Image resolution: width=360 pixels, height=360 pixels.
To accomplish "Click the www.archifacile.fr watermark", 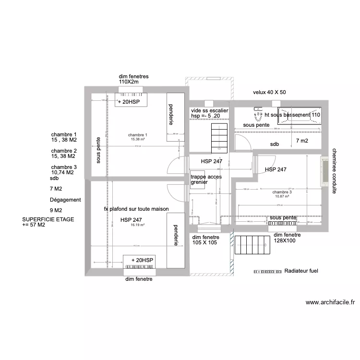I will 330,302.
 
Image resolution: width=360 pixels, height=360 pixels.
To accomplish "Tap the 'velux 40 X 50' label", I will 269,92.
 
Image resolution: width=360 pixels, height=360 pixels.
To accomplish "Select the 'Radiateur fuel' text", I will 301,271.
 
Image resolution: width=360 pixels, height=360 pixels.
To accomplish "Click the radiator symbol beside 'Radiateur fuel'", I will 266,271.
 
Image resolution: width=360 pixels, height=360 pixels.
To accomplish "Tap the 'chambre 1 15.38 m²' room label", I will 138,137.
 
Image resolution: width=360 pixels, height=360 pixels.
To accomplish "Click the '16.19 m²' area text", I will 138,225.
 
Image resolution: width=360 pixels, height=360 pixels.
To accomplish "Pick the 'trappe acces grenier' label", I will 206,180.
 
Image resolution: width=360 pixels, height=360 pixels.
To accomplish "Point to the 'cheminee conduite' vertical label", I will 334,170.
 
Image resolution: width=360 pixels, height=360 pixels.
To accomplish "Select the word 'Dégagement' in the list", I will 65,200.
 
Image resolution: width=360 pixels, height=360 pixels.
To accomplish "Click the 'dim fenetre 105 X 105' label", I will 205,240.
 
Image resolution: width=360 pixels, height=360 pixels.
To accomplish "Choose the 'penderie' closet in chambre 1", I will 171,117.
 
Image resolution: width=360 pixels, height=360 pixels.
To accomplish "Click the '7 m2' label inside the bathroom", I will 302,141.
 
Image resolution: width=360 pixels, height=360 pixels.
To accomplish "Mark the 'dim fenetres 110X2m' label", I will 133,79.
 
